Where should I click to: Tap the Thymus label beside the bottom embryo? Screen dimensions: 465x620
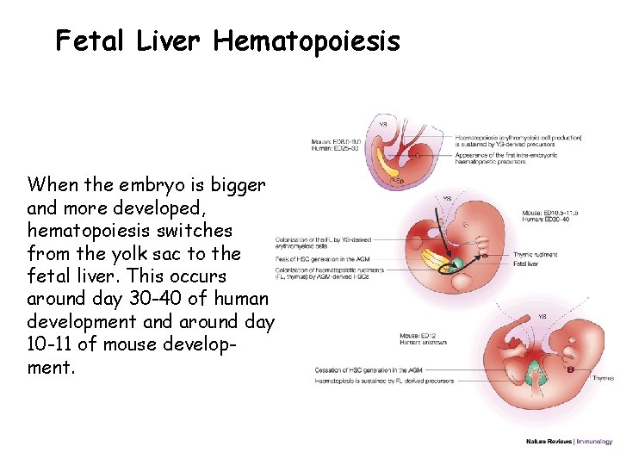point(603,378)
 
